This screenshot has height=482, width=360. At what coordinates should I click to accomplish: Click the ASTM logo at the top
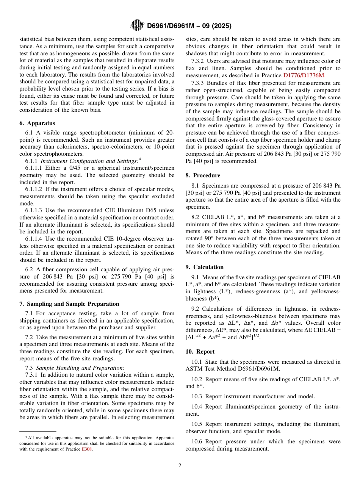click(137, 26)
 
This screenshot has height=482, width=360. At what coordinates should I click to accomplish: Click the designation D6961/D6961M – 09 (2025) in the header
click(189, 26)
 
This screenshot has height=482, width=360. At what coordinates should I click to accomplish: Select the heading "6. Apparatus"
click(37, 123)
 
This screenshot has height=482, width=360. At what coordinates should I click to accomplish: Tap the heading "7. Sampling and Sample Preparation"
click(69, 304)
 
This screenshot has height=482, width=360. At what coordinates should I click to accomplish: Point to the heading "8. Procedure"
click(203, 175)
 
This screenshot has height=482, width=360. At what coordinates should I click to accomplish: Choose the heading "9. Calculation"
click(205, 267)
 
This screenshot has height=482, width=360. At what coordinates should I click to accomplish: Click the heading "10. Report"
click(200, 352)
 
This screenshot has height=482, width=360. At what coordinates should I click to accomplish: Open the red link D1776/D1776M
click(304, 75)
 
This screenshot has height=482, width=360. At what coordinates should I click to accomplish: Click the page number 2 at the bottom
click(180, 466)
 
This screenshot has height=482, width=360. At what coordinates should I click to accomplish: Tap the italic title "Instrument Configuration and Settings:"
click(89, 161)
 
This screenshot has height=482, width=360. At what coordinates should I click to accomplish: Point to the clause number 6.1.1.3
click(34, 210)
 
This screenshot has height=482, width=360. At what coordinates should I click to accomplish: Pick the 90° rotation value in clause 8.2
click(206, 238)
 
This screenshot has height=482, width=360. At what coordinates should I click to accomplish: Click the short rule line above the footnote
click(38, 431)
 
